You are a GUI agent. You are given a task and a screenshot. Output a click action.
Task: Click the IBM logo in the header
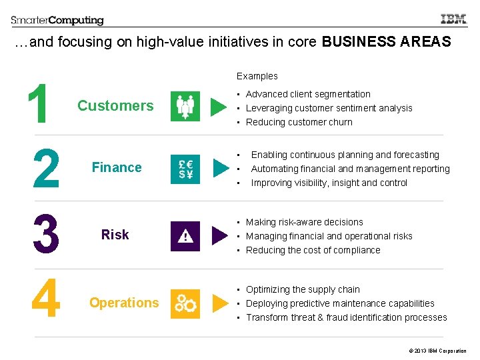[x=454, y=20]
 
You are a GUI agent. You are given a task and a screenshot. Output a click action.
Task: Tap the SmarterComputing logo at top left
[x=57, y=21]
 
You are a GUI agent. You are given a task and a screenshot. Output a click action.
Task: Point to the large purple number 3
[x=45, y=234]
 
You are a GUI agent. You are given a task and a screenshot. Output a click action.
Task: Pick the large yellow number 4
[x=45, y=299]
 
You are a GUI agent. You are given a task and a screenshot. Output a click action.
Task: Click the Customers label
[x=115, y=106]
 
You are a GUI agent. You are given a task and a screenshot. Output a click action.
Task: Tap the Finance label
[x=117, y=167]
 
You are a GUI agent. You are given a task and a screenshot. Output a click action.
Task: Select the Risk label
[x=115, y=235]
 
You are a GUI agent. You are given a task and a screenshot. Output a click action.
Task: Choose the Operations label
[x=124, y=303]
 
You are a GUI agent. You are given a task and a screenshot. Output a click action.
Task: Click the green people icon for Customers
[x=185, y=106]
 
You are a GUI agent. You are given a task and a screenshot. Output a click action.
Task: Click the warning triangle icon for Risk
[x=185, y=236]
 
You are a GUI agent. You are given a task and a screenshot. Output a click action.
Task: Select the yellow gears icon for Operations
[x=185, y=303]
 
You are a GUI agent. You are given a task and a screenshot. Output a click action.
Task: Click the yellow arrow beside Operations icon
[x=219, y=303]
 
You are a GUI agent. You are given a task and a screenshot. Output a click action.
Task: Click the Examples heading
[x=257, y=76]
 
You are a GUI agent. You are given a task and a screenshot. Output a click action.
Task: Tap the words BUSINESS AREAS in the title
[x=386, y=42]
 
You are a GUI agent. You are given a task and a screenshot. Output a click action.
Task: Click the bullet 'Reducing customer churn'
[x=299, y=122]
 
